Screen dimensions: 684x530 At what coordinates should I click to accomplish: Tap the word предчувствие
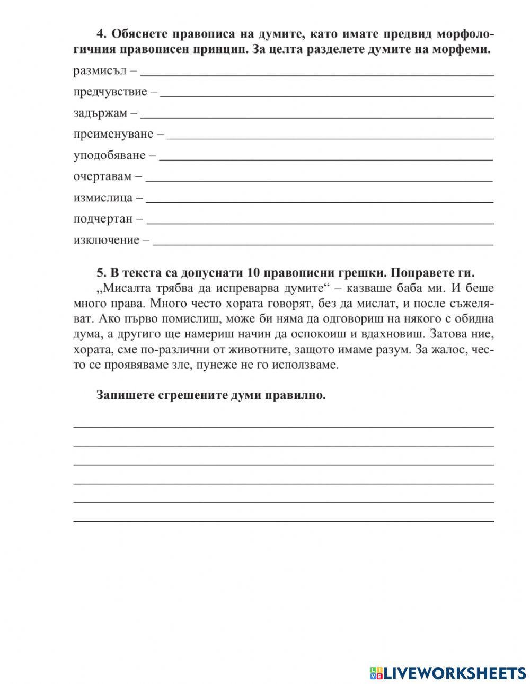coord(110,92)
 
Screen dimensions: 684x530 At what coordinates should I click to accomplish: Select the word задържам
coord(100,113)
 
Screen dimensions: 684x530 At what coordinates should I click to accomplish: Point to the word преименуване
coord(113,134)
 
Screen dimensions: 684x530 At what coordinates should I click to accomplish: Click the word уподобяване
coord(109,155)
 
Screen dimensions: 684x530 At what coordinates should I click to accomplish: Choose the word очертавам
coord(102,176)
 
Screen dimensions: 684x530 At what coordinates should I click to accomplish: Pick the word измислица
coord(103,198)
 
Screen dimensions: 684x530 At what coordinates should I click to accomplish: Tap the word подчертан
coord(103,219)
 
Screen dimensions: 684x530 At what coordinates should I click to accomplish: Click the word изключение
coord(106,240)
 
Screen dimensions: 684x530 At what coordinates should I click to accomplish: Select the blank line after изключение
coord(323,244)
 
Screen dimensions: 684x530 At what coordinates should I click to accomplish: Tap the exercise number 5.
coord(101,273)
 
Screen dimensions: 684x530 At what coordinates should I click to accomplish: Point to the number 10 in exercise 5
coord(253,273)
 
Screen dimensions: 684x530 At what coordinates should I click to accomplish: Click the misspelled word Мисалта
coord(123,289)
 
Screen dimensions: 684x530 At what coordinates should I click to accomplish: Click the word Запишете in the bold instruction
coord(123,396)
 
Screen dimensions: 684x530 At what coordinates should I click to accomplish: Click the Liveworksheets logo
coord(447,672)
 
